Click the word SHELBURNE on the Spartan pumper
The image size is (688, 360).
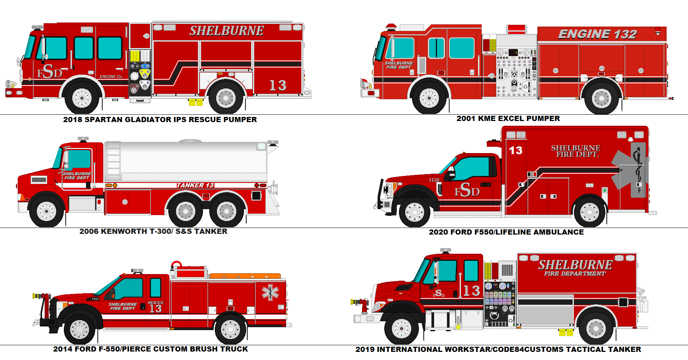coord(226,31)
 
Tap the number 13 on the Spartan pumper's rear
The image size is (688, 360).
coord(278,86)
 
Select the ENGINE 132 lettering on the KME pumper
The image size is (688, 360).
coord(597,34)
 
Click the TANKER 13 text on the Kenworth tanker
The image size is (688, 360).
coord(195,185)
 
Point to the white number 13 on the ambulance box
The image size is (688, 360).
coord(516,150)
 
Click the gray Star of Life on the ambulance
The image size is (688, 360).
coord(627,170)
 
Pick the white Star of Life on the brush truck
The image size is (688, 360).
coord(270,292)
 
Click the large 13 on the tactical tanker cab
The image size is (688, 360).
coord(471,291)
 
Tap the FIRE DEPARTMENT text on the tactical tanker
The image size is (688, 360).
coord(574,274)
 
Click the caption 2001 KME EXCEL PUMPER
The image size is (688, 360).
coord(508,118)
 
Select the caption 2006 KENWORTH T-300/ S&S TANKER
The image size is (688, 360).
coord(153,231)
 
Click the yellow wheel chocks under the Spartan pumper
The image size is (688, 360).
coord(196,102)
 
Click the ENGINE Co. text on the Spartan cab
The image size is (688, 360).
coord(111,77)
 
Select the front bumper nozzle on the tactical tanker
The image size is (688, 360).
coord(360,302)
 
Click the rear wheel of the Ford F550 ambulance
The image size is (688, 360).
coord(589,212)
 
